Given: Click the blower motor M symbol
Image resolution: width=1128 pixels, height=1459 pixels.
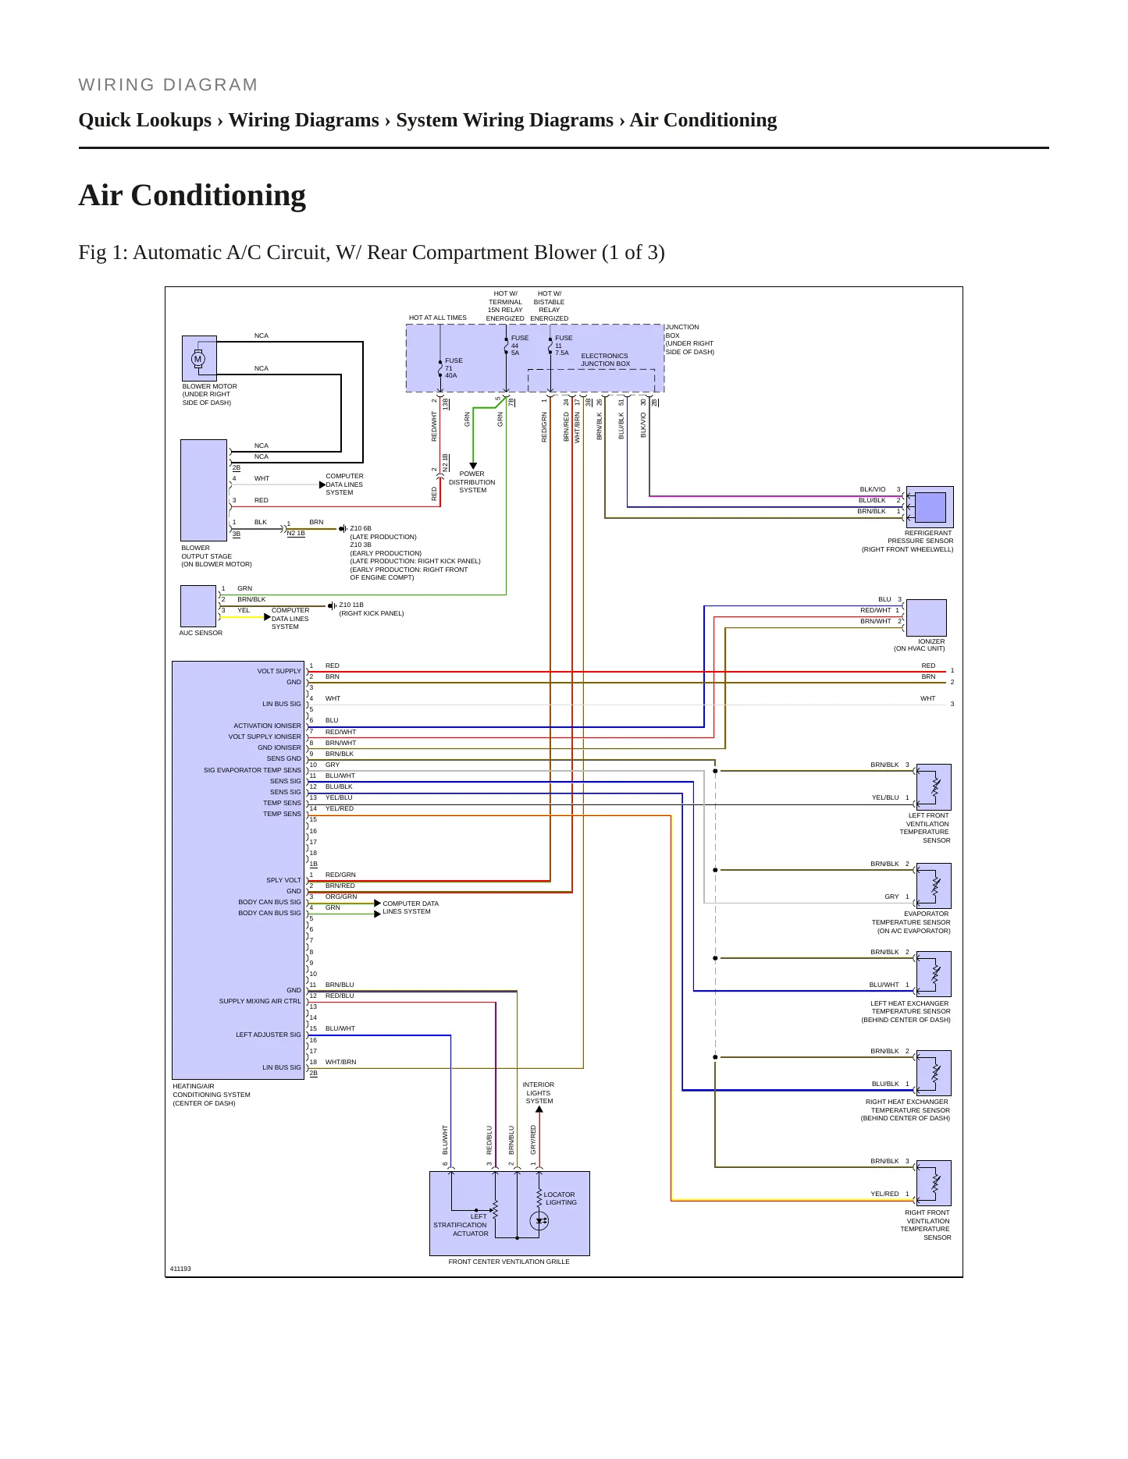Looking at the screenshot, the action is tap(197, 359).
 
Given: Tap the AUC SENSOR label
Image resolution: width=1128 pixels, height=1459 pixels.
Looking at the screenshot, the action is tap(201, 633).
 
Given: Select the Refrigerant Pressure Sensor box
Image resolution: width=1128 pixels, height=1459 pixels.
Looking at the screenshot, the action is tap(930, 507).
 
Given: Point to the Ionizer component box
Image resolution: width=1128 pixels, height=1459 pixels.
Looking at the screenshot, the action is tap(927, 618).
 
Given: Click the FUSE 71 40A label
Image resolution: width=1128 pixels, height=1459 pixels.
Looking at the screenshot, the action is tap(454, 368).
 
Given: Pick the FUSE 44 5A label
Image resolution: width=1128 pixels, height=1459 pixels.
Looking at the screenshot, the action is tap(520, 346).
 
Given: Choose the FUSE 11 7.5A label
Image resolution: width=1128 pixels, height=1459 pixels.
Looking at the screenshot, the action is tap(564, 346).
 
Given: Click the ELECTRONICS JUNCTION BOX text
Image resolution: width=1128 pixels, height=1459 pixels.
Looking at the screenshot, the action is tap(605, 360).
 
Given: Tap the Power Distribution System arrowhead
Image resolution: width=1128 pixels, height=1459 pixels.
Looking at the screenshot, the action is tap(473, 466).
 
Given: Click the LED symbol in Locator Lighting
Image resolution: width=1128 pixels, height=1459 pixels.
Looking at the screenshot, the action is tap(539, 1221).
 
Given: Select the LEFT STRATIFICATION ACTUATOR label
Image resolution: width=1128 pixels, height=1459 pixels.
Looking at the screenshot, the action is tap(461, 1225).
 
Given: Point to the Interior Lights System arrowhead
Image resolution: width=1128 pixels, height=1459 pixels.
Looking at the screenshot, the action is tap(539, 1109).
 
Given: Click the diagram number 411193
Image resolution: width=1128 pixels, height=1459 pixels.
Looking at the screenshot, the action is tap(180, 1269).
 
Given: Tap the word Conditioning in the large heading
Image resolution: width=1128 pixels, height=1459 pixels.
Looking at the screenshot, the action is tap(219, 195).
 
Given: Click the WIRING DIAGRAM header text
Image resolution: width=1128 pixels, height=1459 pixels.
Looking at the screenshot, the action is tap(168, 85).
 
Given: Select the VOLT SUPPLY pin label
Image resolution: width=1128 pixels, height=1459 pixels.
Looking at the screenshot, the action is tap(279, 671).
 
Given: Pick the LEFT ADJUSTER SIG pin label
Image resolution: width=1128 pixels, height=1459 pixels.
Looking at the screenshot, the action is tap(269, 1035).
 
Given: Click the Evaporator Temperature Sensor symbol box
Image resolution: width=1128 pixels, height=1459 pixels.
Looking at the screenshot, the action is tap(934, 886).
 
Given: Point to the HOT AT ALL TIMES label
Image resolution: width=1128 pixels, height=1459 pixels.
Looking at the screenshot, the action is tap(438, 318).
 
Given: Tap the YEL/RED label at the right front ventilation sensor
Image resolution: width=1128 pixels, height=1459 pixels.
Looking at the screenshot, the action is tap(884, 1194).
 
